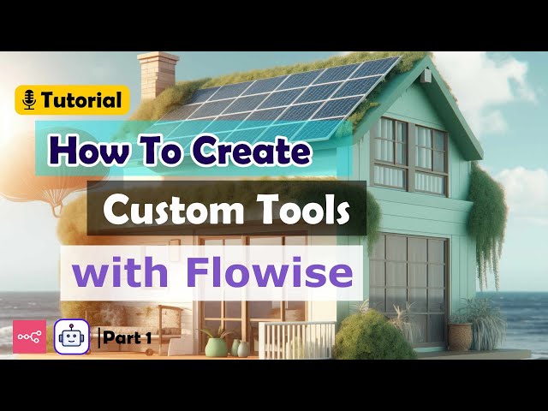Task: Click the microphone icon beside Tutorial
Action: click(29, 100)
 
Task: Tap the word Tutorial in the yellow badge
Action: click(81, 100)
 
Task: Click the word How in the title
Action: click(81, 152)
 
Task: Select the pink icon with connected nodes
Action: click(29, 337)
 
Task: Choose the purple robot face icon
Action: click(71, 337)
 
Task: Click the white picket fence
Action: click(295, 339)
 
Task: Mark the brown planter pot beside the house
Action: click(461, 336)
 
